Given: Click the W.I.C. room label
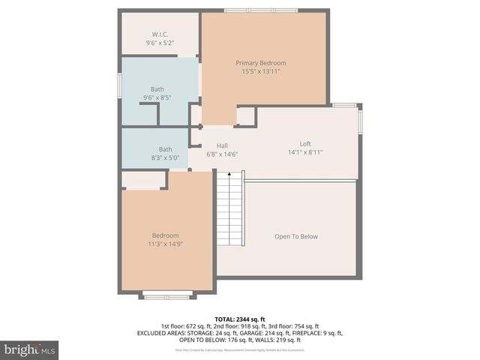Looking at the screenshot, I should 160,34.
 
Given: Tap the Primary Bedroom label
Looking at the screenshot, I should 261,63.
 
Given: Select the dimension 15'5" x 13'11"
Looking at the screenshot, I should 261,72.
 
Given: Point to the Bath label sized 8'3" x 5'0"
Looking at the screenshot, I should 165,149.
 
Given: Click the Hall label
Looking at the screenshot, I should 222,145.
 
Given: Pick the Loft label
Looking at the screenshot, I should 305,144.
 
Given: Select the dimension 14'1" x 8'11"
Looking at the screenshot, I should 305,152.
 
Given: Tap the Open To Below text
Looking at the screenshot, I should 295,237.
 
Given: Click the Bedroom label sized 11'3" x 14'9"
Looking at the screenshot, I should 165,235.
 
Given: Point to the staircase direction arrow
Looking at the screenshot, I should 229,175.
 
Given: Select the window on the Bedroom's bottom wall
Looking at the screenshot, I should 167,297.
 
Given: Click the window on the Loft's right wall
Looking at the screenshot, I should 360,121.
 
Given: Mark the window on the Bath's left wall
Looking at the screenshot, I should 119,85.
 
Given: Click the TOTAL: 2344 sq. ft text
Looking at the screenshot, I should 240,319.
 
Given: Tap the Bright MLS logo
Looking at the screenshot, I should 30,349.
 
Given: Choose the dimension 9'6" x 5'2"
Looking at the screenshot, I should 160,43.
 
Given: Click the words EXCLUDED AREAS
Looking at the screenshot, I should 161,333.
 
